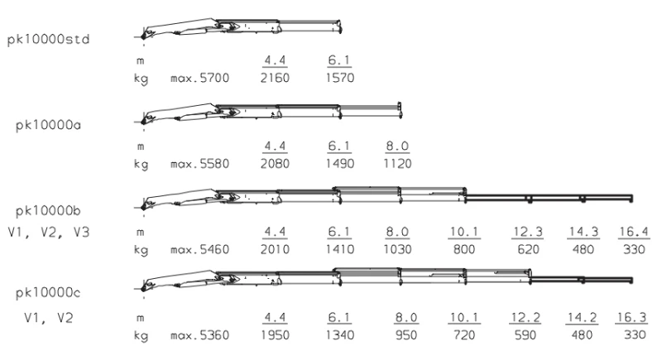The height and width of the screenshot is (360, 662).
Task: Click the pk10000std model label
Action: coord(49,40)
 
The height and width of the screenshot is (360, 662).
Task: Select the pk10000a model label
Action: coord(48,125)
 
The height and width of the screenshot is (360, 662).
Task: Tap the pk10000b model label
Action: coord(48,211)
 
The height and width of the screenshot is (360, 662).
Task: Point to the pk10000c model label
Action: coord(48,293)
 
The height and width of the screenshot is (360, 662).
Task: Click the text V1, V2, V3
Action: coord(49,232)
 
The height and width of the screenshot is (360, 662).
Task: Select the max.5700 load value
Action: coord(199,78)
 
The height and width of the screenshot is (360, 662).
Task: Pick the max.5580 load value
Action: coord(199,164)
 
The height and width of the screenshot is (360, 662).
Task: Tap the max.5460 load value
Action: coord(199,249)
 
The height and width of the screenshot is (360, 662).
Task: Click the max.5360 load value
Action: coord(199,335)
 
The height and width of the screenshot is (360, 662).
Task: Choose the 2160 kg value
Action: coord(275,78)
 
